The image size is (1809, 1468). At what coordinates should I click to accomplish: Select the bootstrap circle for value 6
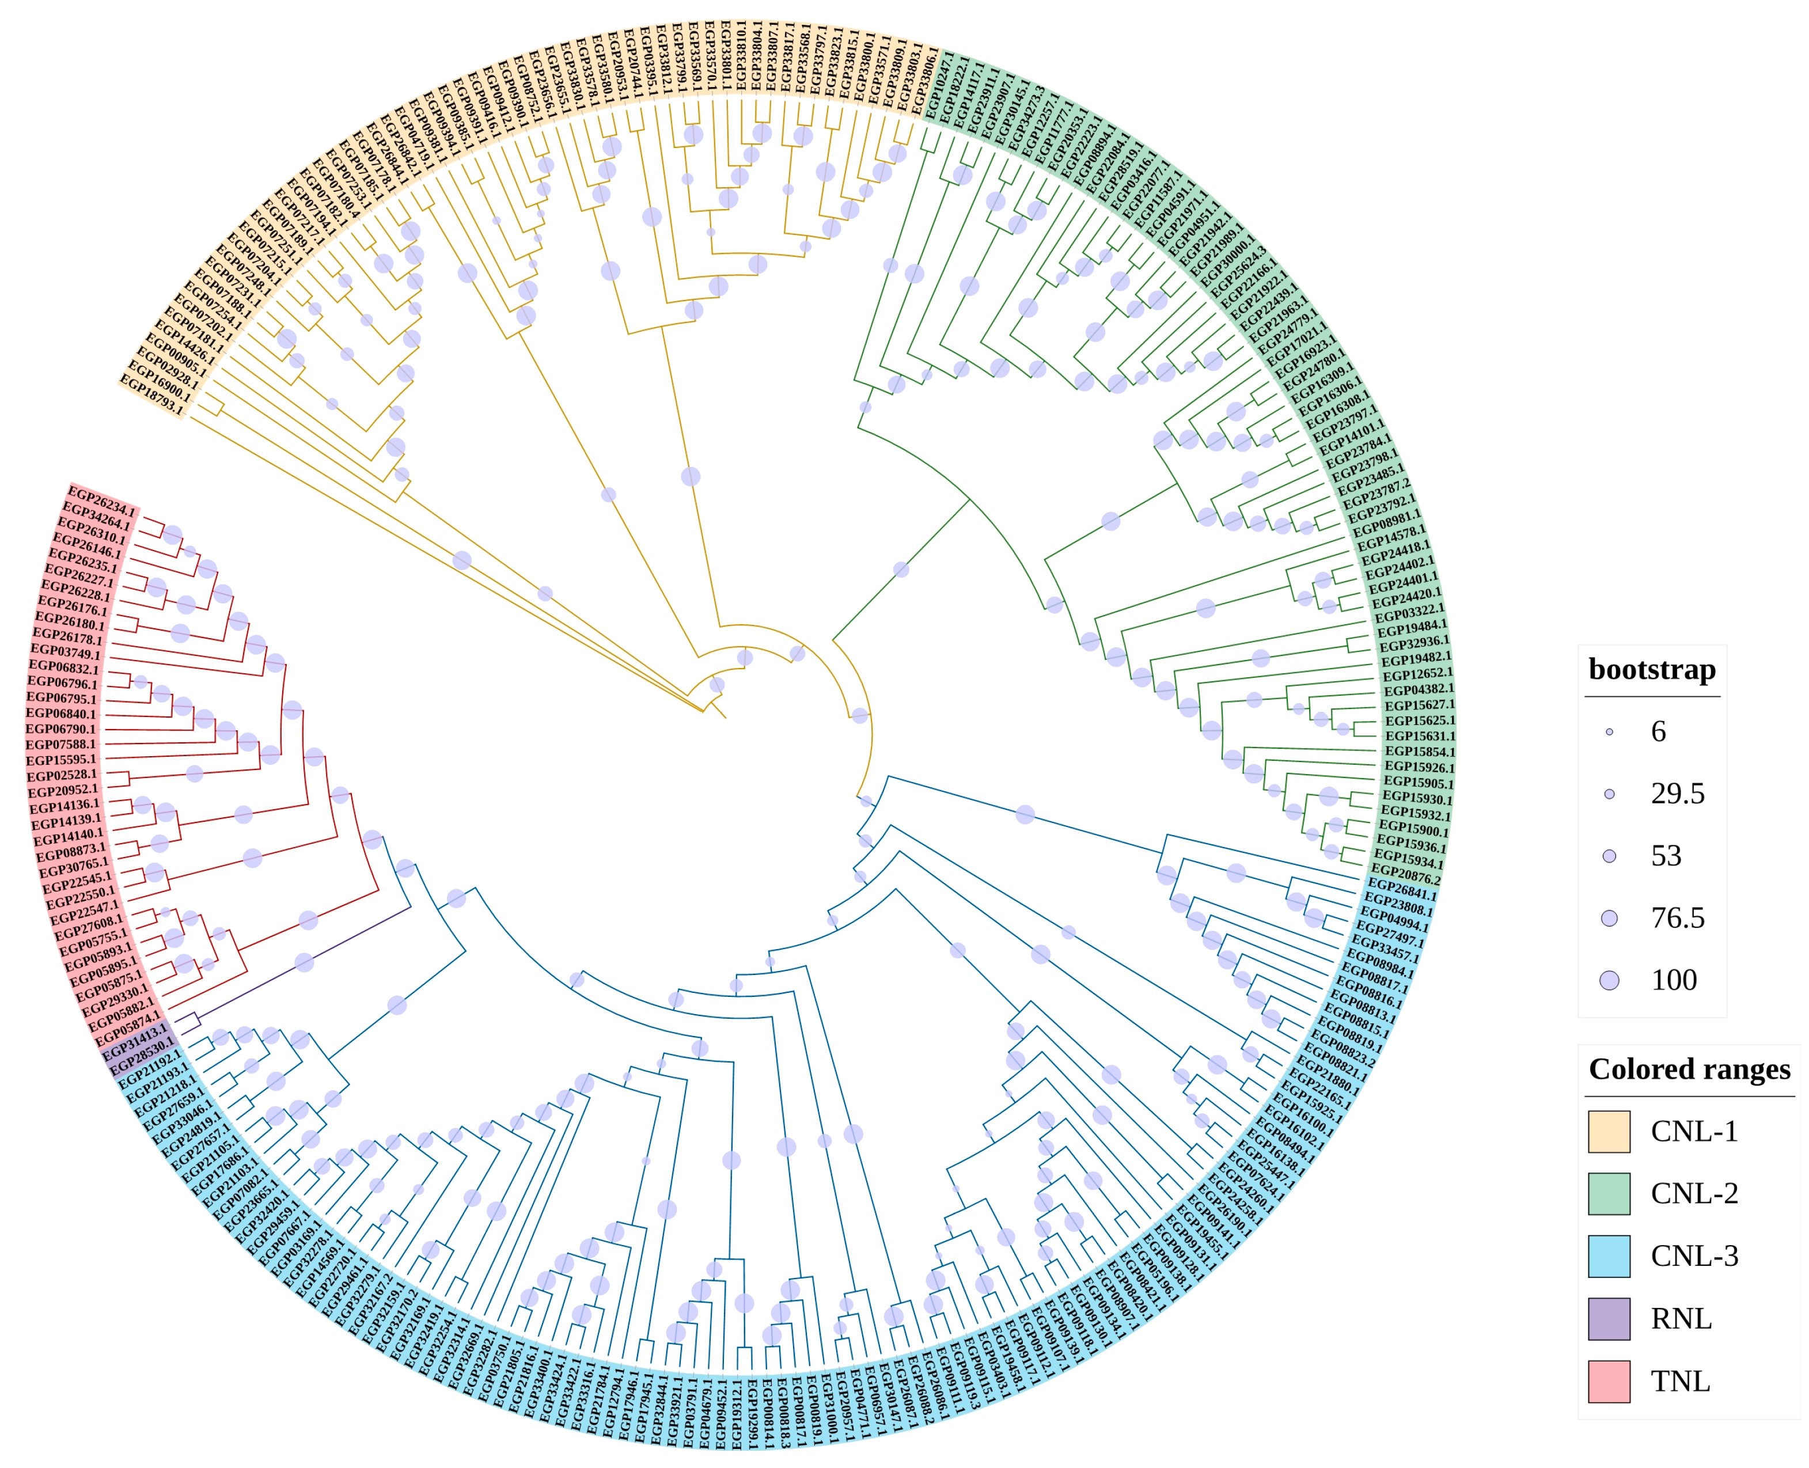[1609, 731]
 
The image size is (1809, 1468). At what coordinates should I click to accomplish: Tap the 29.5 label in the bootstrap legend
[1677, 793]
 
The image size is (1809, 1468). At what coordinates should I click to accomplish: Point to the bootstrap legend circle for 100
[1609, 980]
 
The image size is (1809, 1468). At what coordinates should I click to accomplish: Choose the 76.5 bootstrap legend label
[1677, 917]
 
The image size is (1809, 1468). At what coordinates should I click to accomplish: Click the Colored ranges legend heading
[1689, 1069]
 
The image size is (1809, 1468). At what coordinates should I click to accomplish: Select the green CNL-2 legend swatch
[1609, 1194]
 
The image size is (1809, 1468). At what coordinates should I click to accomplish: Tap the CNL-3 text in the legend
[1694, 1255]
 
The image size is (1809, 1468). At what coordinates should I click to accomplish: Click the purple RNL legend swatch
[1609, 1318]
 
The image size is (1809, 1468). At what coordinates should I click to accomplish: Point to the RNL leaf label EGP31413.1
[135, 1042]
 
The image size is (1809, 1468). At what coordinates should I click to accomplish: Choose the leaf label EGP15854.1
[1420, 752]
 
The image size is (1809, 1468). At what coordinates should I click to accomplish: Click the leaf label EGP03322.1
[1409, 614]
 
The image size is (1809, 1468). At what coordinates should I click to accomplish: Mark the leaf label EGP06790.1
[61, 729]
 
